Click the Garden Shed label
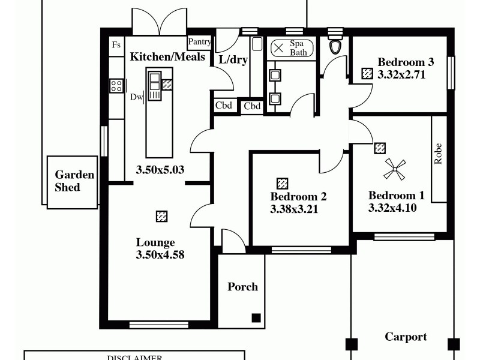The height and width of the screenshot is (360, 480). coord(74,181)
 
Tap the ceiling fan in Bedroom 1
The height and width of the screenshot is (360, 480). coord(395,170)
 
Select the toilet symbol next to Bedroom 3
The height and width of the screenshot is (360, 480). coord(335,46)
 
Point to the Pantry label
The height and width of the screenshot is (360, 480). coord(199,42)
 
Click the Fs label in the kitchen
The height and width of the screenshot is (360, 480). coord(116,45)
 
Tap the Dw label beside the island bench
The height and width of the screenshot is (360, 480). coord(136,97)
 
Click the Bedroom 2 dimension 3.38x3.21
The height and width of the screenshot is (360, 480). coord(294,209)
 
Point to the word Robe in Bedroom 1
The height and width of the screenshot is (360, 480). coord(439,154)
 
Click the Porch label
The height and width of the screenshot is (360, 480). coord(242,287)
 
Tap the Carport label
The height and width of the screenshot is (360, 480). coord(406,337)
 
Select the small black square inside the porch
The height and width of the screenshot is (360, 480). coord(256,318)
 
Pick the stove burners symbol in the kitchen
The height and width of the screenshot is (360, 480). coord(116,86)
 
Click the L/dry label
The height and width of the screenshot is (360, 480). coord(233,59)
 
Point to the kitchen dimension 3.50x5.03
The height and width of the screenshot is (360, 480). coord(160,170)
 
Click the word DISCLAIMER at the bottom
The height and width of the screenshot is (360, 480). coord(134,358)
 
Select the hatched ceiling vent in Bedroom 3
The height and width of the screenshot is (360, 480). coord(367,73)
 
